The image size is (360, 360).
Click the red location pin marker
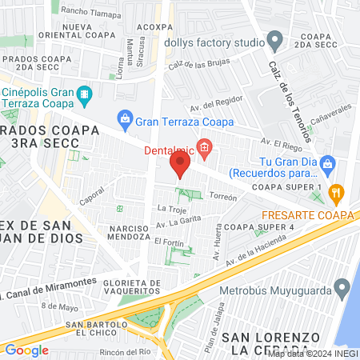(179, 166)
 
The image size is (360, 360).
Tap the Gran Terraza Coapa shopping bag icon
(124, 120)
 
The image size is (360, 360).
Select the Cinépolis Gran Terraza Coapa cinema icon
(83, 98)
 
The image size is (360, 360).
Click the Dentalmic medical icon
(205, 147)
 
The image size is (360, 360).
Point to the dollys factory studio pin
(275, 38)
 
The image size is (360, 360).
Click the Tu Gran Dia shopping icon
(328, 166)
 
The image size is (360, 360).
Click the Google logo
(26, 350)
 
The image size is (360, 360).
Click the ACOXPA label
(155, 26)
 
